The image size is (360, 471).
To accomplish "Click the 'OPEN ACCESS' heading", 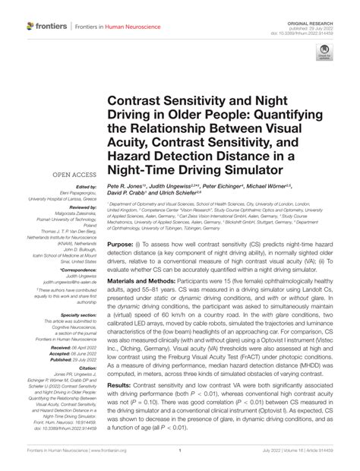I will coord(73,174).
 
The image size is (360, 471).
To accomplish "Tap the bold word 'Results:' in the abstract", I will coord(123,387).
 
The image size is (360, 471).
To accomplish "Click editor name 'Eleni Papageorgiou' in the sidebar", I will coord(78,197).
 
